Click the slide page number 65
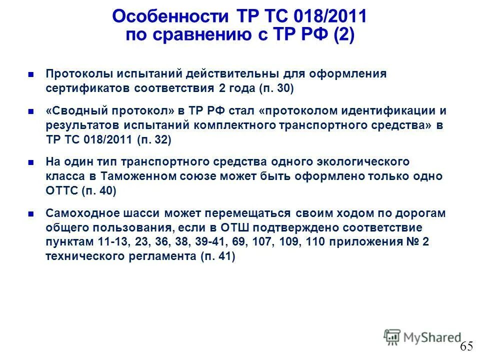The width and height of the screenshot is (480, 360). (466, 346)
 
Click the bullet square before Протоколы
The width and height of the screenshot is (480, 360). (30, 75)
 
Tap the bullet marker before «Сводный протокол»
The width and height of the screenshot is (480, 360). (30, 111)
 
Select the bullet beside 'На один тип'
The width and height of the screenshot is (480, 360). (30, 162)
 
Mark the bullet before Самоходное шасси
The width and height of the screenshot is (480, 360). (30, 214)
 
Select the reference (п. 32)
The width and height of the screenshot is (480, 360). (153, 140)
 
